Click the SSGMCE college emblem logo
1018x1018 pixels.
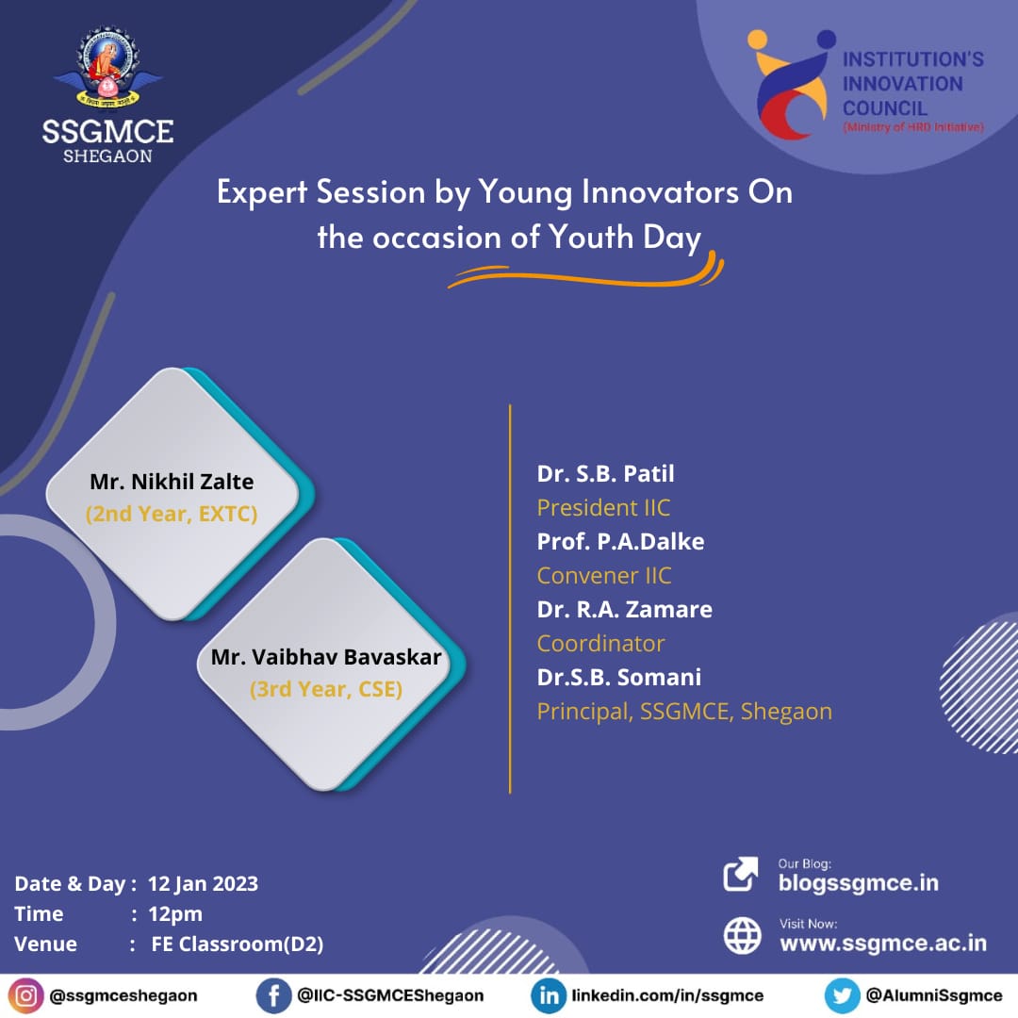click(x=107, y=67)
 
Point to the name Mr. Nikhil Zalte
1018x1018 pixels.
click(x=172, y=482)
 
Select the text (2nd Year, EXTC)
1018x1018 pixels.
click(x=172, y=514)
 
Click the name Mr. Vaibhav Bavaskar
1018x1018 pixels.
click(x=326, y=657)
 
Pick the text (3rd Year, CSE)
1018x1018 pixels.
click(x=326, y=689)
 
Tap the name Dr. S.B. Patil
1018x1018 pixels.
click(x=605, y=474)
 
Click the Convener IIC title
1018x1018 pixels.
click(x=604, y=576)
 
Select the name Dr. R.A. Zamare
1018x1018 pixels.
click(x=625, y=610)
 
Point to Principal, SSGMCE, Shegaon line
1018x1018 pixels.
click(x=684, y=712)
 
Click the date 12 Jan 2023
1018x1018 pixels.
click(x=204, y=883)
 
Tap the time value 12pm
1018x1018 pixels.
click(x=175, y=914)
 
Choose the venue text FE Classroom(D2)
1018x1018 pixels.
click(x=237, y=944)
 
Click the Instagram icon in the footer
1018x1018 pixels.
click(x=26, y=995)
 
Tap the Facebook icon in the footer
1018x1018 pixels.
click(x=273, y=995)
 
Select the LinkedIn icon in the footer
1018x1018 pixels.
click(x=549, y=995)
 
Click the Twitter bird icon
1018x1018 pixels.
click(x=842, y=995)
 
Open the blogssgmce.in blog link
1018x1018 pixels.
click(x=859, y=883)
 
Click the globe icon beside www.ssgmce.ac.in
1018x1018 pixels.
click(x=742, y=936)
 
